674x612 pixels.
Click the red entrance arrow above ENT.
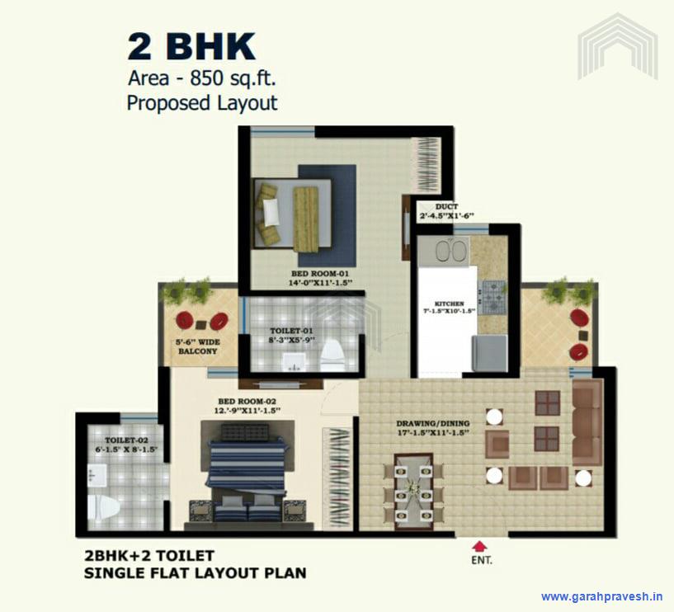478,544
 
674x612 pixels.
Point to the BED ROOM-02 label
247,406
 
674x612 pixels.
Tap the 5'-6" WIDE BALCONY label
196,346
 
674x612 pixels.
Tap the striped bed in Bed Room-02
247,466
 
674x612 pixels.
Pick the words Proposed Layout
201,103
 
